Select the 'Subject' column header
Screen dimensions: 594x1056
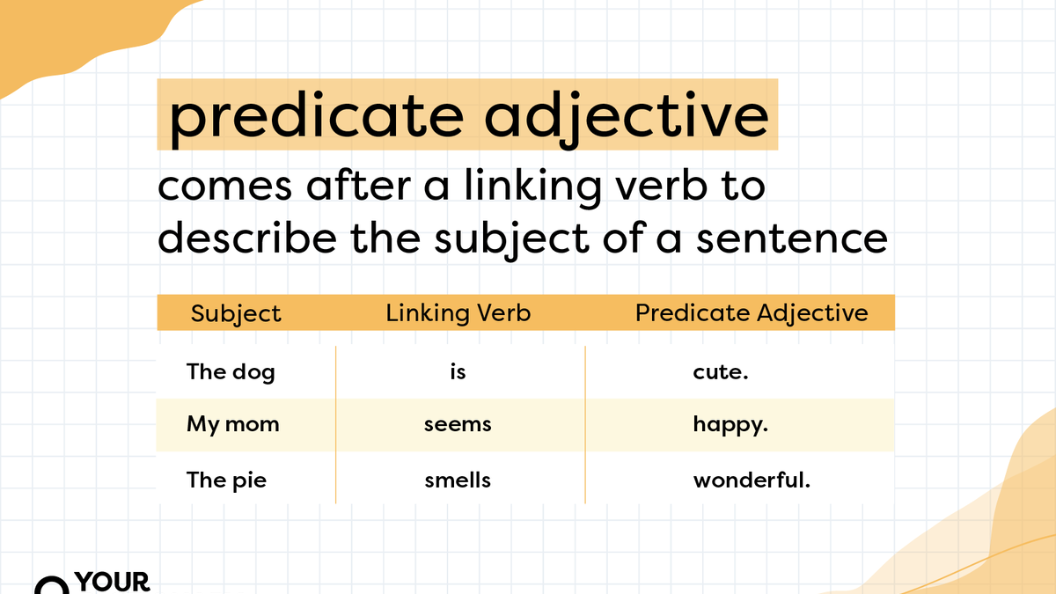pos(236,313)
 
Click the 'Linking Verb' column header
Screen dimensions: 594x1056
pos(458,312)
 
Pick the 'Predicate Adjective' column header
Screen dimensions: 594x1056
pos(752,312)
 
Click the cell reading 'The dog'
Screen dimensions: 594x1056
pos(231,371)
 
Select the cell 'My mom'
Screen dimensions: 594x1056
pos(232,424)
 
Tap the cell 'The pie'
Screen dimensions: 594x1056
pos(226,480)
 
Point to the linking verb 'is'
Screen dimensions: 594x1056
pos(458,371)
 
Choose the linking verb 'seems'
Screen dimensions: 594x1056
pos(458,425)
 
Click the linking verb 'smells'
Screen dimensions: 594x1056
pos(458,480)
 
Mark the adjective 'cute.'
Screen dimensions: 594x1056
pos(720,372)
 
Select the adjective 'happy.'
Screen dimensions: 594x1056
pos(730,426)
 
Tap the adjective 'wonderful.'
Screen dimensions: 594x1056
pos(751,480)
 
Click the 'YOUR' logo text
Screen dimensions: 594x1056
pos(113,582)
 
